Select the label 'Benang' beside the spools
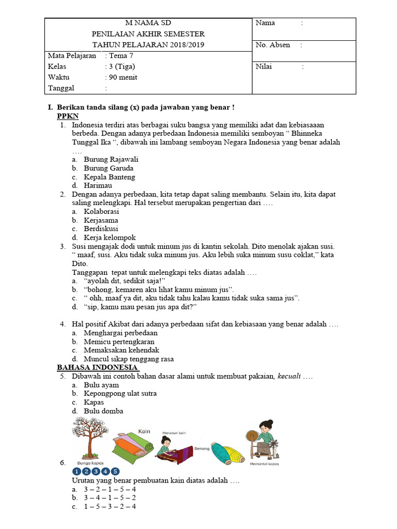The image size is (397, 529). pyautogui.click(x=202, y=448)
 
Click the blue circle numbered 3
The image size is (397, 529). pyautogui.click(x=96, y=471)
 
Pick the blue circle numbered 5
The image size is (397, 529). pyautogui.click(x=115, y=471)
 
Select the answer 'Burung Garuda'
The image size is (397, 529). pyautogui.click(x=109, y=168)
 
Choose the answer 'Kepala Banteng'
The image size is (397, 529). pyautogui.click(x=110, y=177)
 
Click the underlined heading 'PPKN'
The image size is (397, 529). pyautogui.click(x=68, y=116)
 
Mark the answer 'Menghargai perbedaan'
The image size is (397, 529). pyautogui.click(x=120, y=333)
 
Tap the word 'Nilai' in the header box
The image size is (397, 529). pyautogui.click(x=264, y=67)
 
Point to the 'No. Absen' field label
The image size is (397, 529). pyautogui.click(x=272, y=45)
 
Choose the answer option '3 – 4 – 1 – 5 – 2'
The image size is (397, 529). pyautogui.click(x=110, y=497)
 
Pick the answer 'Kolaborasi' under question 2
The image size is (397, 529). pyautogui.click(x=101, y=212)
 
